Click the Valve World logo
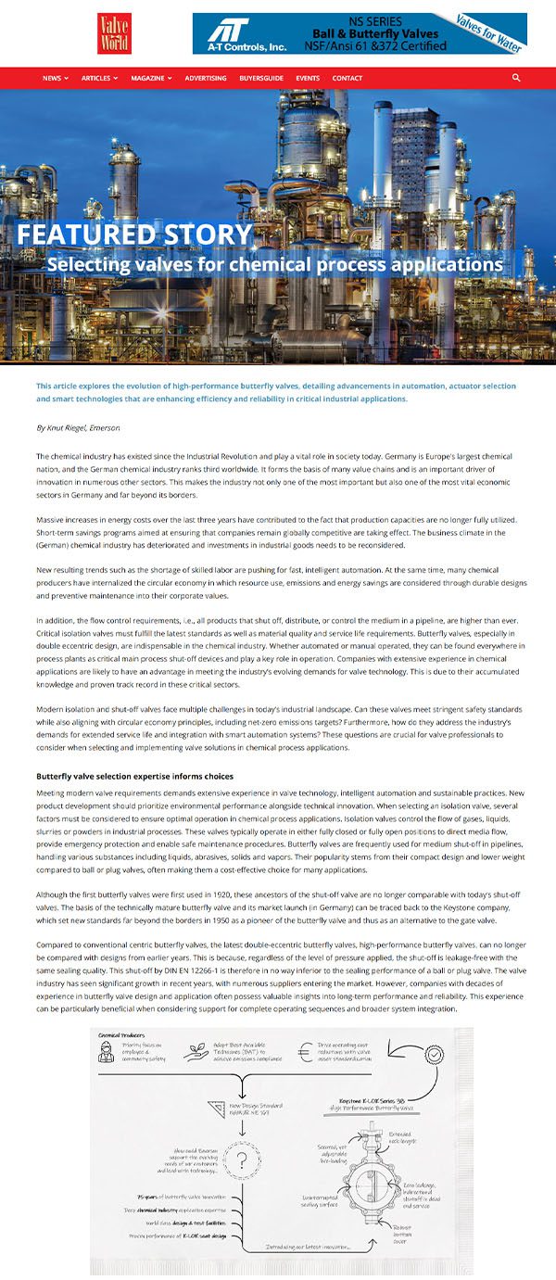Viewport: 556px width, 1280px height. (115, 32)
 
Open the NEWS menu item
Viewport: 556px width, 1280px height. (55, 78)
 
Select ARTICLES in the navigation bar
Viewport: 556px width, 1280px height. (99, 78)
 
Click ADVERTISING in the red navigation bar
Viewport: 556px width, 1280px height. (205, 78)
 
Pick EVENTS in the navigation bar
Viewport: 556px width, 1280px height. (308, 78)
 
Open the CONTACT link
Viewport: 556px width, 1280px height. (347, 78)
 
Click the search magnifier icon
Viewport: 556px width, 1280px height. (516, 78)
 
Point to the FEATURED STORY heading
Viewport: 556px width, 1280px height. (134, 234)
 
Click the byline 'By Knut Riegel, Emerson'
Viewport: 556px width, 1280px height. (78, 427)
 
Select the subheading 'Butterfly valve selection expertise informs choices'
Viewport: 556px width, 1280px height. (134, 776)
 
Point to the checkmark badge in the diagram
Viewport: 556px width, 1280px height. (433, 1055)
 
